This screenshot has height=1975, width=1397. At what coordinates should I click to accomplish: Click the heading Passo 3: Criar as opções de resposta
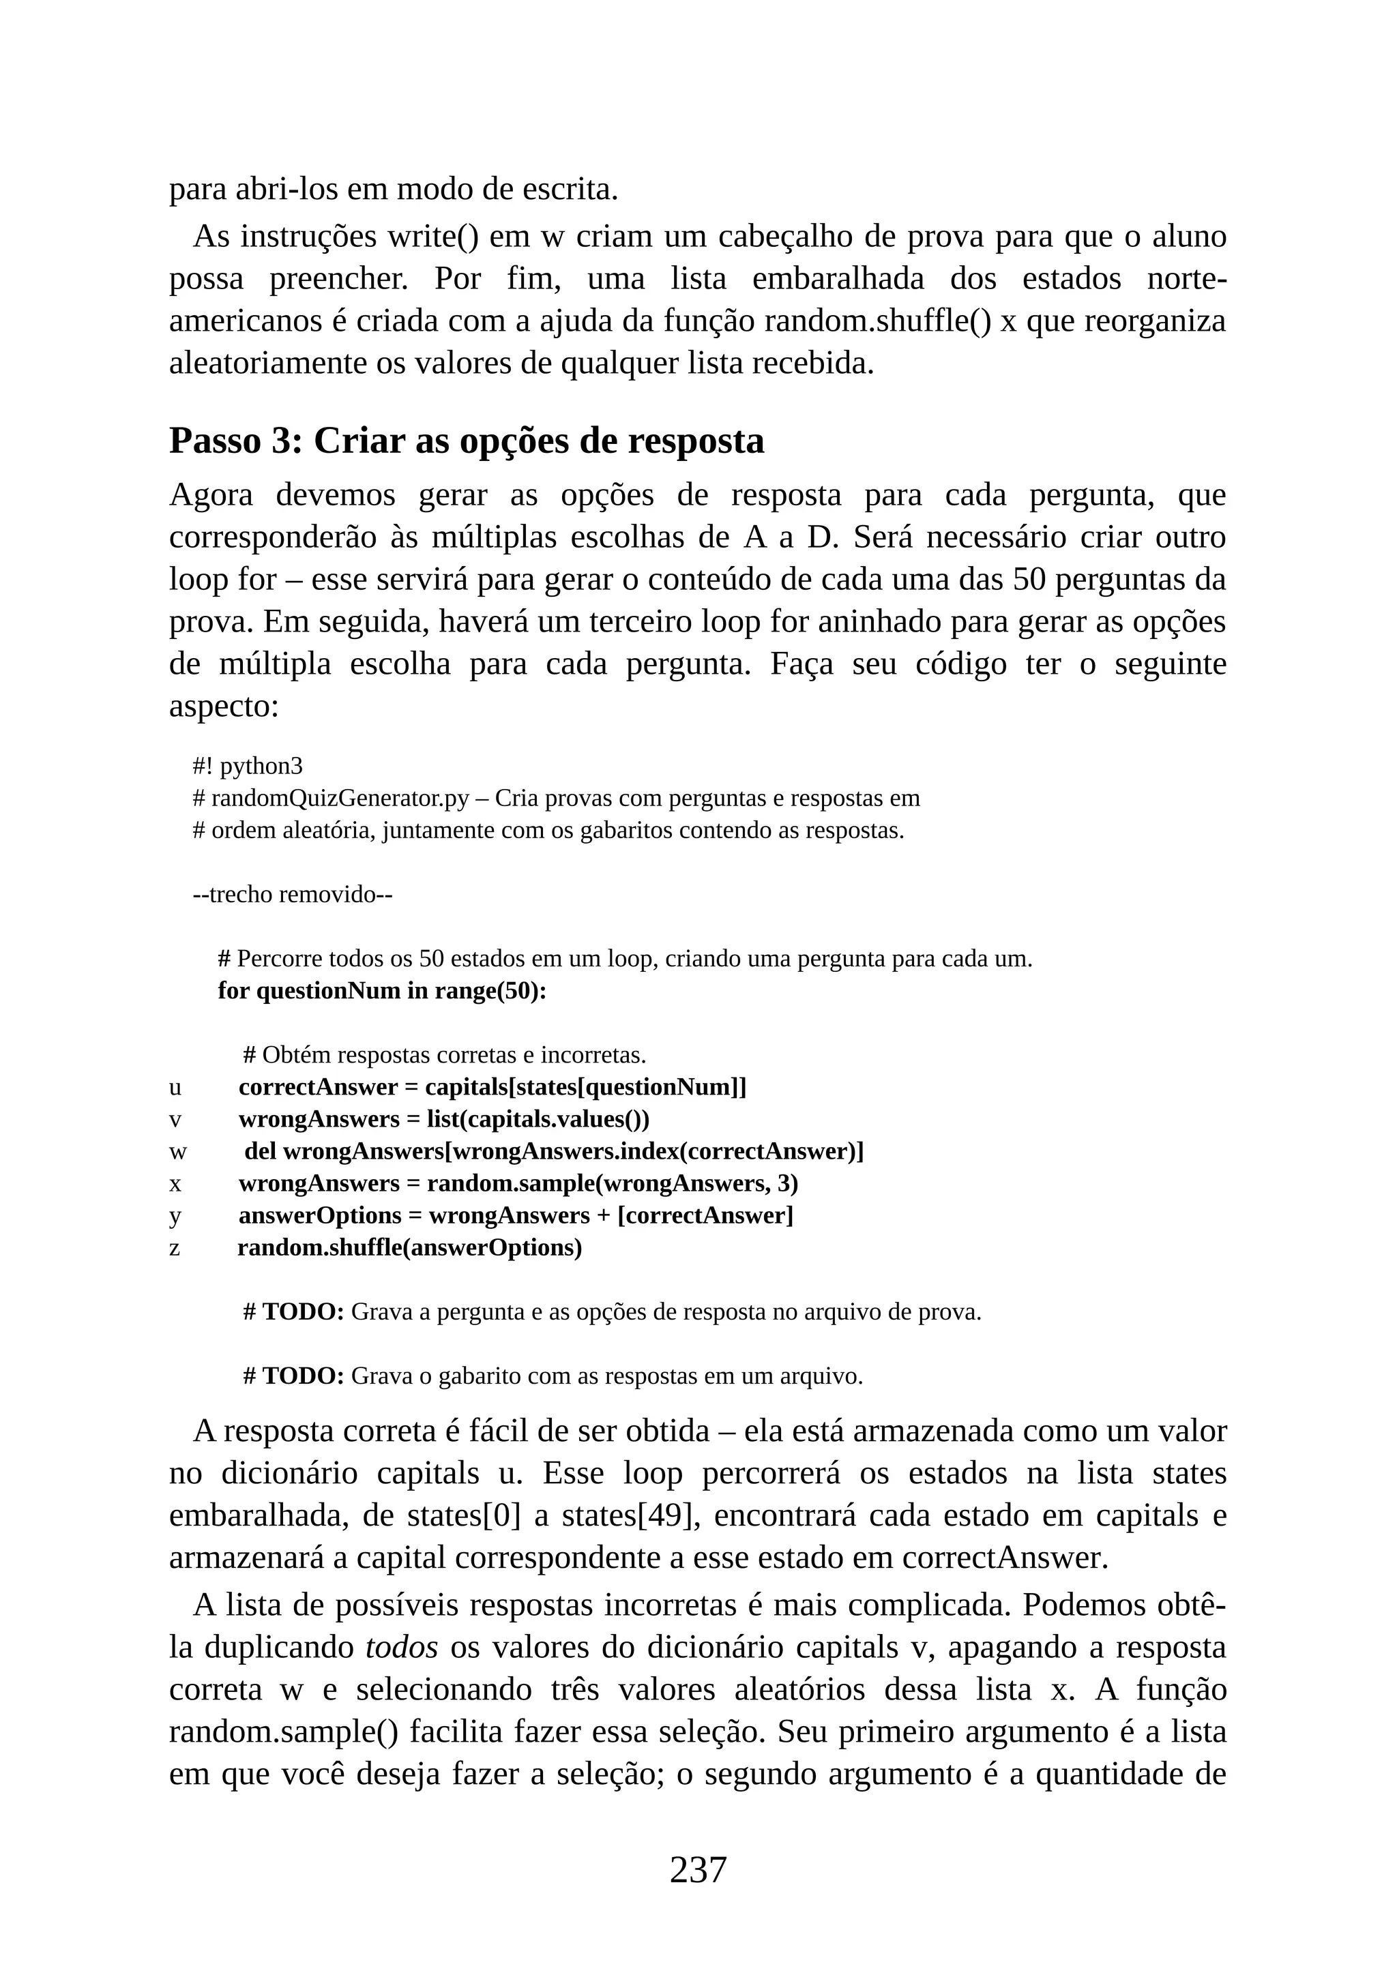coord(467,441)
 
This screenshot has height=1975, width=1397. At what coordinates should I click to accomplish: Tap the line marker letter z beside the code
coord(175,1248)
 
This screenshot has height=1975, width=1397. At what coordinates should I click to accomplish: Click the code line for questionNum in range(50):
coord(382,991)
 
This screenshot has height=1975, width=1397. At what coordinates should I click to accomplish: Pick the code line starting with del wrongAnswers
coord(553,1152)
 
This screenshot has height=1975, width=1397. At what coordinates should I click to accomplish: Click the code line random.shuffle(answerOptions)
coord(409,1248)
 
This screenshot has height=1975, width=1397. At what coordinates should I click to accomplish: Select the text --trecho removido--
coord(293,895)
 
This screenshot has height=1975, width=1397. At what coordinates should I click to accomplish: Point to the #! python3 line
coord(248,766)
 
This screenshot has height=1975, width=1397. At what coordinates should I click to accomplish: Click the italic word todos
coord(402,1647)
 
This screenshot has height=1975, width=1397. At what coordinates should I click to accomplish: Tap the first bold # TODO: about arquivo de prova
coord(294,1313)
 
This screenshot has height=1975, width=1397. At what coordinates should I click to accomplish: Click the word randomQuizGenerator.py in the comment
coord(340,799)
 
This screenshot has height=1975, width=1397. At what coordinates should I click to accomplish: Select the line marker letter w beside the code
coord(177,1152)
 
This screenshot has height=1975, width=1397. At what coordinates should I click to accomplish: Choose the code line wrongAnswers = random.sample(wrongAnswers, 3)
coord(518,1184)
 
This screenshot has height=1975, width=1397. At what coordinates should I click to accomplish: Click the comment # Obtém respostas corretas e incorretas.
coord(444,1054)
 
